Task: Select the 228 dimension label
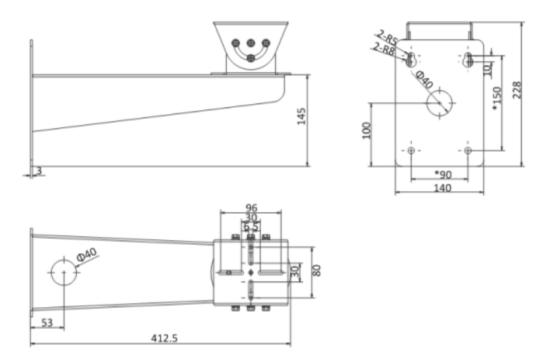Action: click(x=517, y=90)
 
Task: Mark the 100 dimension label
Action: click(x=367, y=130)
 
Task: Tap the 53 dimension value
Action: click(x=46, y=322)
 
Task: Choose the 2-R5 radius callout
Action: click(x=388, y=37)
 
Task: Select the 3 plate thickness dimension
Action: click(x=39, y=171)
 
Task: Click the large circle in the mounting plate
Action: click(x=440, y=104)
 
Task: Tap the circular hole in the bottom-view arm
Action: click(x=63, y=271)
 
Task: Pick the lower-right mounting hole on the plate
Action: click(x=468, y=151)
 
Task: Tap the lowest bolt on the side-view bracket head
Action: click(x=251, y=58)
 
